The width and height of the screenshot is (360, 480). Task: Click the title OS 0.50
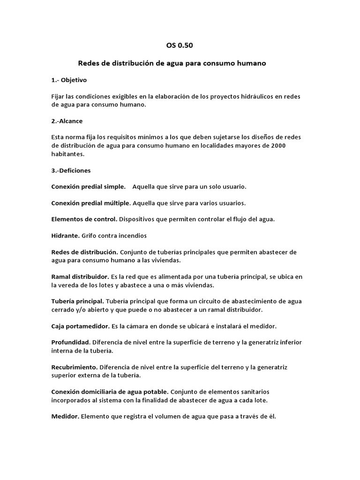180,45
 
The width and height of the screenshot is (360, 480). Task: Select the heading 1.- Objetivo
69,80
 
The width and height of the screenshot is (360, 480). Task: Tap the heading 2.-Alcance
67,121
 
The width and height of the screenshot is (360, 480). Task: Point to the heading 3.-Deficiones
71,170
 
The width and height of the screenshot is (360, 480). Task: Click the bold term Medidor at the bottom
65,416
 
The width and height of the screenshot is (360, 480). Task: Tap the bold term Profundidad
70,342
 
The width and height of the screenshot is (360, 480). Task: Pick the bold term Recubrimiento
74,367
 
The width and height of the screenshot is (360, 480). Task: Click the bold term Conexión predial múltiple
91,203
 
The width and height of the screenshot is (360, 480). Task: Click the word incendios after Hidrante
133,235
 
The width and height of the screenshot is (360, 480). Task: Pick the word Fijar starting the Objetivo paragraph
58,97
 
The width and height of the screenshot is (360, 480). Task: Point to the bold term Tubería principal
77,301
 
